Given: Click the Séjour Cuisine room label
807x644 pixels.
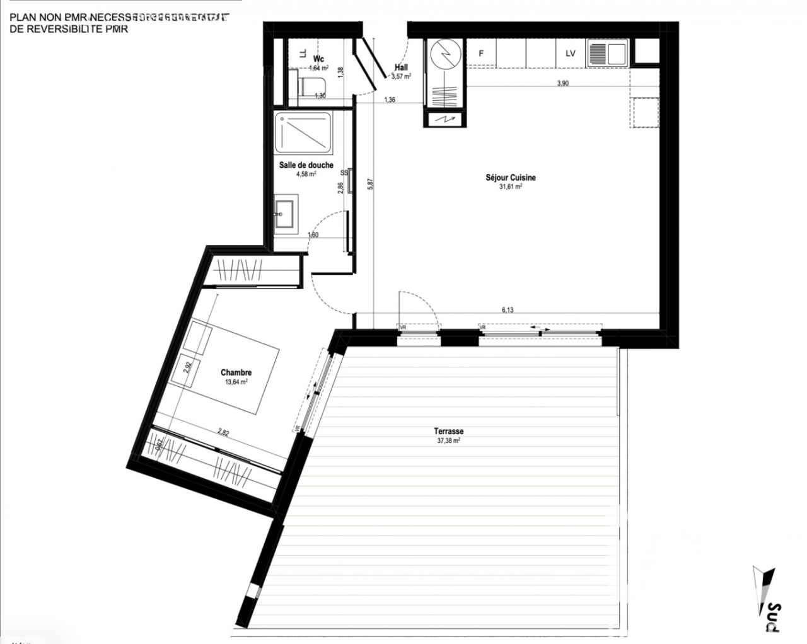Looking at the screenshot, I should pos(511,178).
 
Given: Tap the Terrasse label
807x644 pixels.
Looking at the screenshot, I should pos(448,431).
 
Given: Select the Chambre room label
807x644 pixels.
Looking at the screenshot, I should pos(236,372).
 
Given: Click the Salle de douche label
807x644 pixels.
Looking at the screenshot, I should pos(306,165).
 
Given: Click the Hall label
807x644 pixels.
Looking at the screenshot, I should pos(401,67).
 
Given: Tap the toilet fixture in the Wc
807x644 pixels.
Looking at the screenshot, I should pos(310,86).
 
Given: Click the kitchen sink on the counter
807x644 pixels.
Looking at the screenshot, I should pos(608,54).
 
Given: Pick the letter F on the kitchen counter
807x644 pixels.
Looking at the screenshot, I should pos(481,54).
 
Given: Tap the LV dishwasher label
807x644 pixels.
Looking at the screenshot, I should pos(570,54).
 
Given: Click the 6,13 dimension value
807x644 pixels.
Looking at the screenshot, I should pos(508,309).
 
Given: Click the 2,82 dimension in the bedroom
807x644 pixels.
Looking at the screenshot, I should pos(223,432).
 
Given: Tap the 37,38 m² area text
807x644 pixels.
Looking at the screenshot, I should pos(448,441).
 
